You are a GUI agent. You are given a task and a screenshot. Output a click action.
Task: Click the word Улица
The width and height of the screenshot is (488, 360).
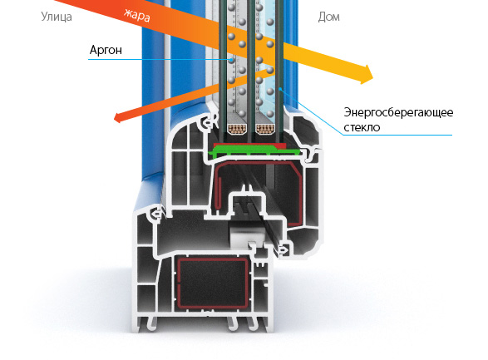tap(57, 17)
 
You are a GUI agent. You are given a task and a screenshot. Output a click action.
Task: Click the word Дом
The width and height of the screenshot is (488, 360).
tap(328, 17)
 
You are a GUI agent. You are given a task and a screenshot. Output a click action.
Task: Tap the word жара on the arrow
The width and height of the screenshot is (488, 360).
tap(137, 15)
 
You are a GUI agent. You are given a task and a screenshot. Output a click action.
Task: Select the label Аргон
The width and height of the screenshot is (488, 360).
tap(106, 50)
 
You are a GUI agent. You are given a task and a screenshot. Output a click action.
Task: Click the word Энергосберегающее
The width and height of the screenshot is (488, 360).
tap(398, 112)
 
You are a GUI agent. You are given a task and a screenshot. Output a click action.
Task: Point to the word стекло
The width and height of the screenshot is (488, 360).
tap(362, 127)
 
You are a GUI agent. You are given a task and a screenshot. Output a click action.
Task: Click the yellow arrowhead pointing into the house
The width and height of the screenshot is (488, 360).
tap(366, 74)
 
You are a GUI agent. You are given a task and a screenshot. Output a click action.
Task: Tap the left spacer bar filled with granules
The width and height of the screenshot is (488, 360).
tap(237, 129)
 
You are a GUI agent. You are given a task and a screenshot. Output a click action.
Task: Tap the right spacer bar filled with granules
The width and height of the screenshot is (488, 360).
tap(265, 129)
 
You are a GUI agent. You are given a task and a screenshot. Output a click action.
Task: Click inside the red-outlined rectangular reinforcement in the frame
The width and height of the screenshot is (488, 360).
tap(213, 283)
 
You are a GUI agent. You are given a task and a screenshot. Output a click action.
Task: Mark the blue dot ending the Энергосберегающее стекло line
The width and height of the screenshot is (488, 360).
tap(280, 89)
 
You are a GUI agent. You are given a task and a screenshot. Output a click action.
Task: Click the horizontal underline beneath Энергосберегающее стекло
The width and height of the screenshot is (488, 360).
tap(397, 135)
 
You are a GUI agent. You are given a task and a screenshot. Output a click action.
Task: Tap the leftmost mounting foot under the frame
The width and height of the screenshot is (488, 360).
tap(151, 323)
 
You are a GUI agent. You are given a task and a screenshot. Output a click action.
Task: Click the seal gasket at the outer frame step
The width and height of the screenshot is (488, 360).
tap(155, 215)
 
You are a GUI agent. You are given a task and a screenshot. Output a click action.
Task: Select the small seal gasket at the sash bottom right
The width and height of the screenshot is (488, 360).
tap(283, 249)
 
